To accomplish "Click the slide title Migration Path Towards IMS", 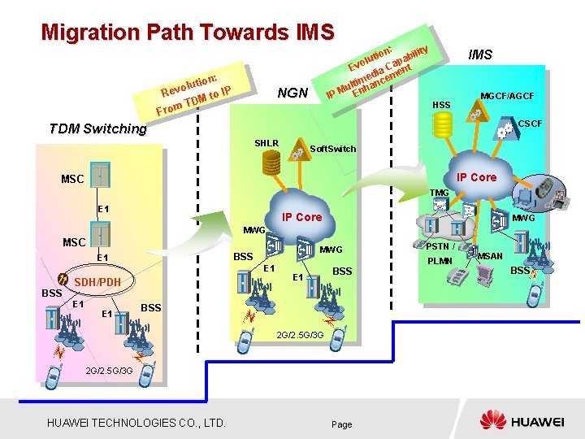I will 188,33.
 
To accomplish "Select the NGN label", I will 292,93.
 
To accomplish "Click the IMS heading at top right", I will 486,55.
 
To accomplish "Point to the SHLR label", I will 266,143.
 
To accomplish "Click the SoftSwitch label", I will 333,150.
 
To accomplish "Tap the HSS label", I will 441,105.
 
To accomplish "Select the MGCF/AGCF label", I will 507,97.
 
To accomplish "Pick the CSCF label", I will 530,124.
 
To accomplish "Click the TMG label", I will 440,193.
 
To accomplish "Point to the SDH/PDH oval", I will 97,282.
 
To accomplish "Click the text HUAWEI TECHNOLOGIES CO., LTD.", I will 136,422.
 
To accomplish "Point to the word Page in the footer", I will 342,424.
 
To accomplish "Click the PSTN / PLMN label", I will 441,254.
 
